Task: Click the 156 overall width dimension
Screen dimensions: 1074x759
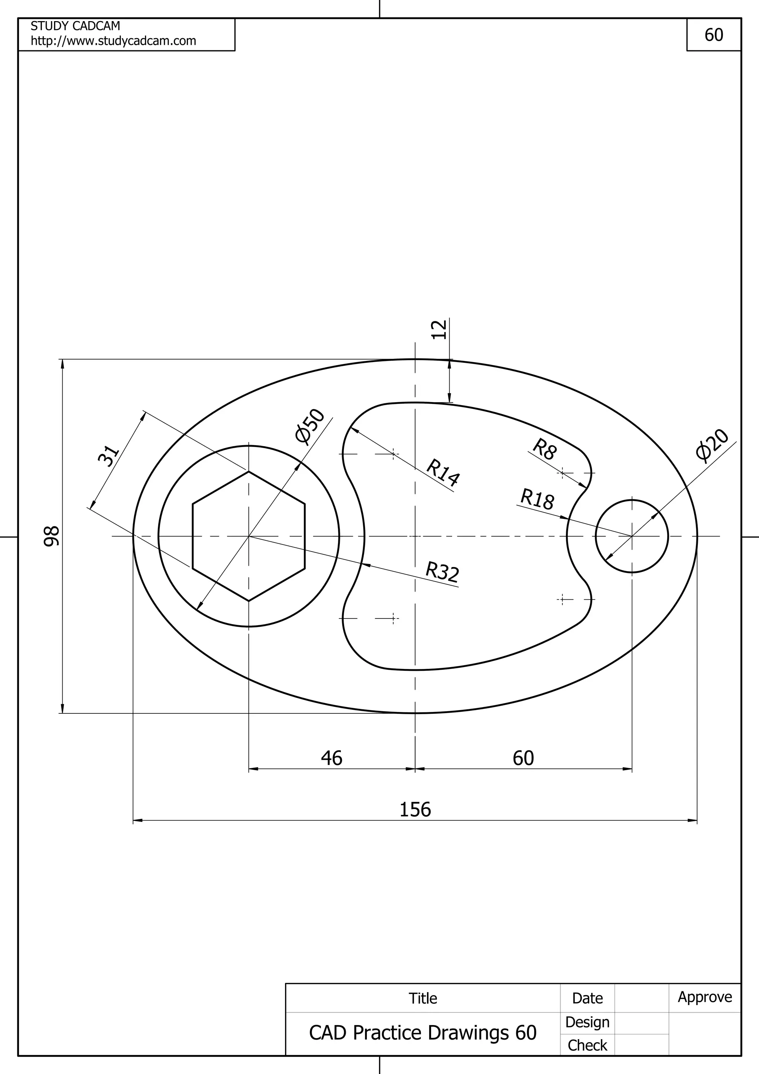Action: pyautogui.click(x=415, y=810)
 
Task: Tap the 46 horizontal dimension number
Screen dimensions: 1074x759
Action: pyautogui.click(x=332, y=758)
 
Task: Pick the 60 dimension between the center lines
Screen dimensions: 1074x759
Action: pyautogui.click(x=523, y=758)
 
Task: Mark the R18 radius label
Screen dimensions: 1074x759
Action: pyautogui.click(x=537, y=499)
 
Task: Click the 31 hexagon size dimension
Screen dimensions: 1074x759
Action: pyautogui.click(x=109, y=456)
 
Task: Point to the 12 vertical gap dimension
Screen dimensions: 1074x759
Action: pyautogui.click(x=439, y=329)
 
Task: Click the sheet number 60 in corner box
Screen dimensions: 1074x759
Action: pyautogui.click(x=714, y=35)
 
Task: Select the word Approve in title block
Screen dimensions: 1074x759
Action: pyautogui.click(x=705, y=997)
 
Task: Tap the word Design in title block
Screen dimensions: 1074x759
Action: pyautogui.click(x=587, y=1022)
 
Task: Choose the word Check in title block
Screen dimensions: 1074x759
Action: pyautogui.click(x=587, y=1045)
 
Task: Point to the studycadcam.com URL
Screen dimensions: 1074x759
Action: pyautogui.click(x=113, y=41)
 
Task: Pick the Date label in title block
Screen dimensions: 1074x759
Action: pyautogui.click(x=587, y=998)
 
